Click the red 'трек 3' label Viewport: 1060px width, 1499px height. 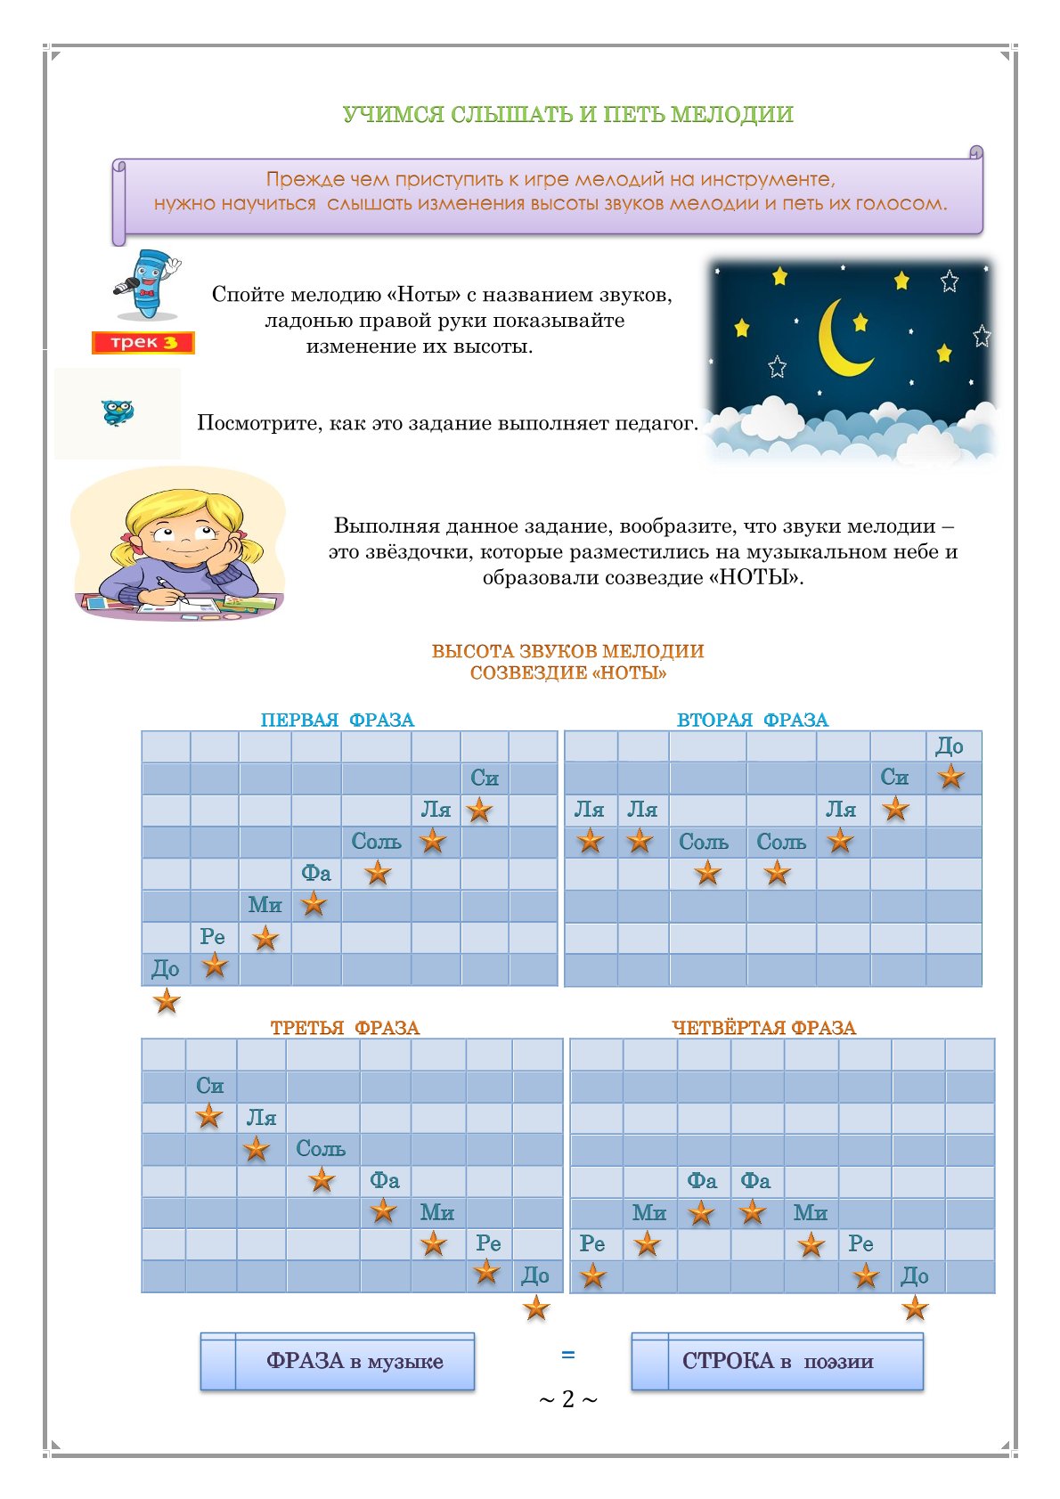[143, 343]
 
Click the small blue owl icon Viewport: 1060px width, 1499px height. [118, 412]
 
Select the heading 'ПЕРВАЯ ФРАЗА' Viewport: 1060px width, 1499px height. [337, 720]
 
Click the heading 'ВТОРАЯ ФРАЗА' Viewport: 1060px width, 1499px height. [752, 720]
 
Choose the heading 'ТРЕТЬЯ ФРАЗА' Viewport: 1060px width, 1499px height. [345, 1028]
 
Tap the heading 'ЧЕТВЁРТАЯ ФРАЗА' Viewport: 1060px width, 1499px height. [763, 1028]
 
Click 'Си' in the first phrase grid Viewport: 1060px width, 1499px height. [485, 778]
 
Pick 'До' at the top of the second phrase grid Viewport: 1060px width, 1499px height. [950, 746]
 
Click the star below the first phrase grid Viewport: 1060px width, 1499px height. [167, 1001]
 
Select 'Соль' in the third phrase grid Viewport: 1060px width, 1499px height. [321, 1149]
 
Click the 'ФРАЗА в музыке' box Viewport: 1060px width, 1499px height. [354, 1361]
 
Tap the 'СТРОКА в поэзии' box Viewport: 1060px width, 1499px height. [777, 1361]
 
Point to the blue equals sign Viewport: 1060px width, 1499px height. [567, 1355]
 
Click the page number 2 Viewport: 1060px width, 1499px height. [568, 1399]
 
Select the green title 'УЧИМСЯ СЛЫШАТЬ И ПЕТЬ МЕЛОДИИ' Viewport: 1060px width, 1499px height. [567, 114]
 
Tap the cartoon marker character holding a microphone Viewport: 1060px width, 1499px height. [147, 284]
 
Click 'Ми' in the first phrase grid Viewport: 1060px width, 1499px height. [265, 905]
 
